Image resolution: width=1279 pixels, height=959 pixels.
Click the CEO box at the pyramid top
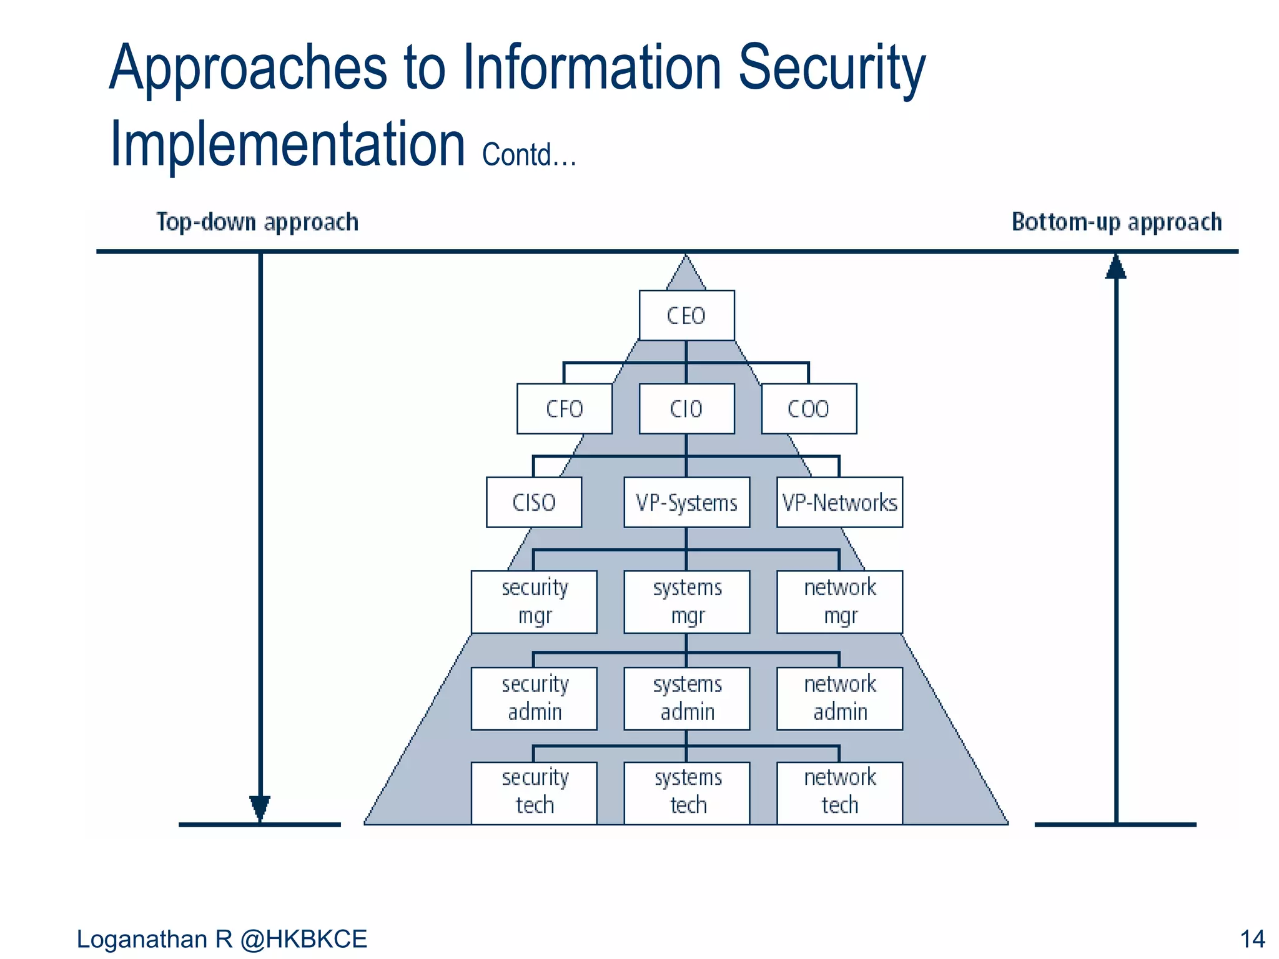tap(686, 315)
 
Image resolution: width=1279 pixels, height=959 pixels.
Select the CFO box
tap(564, 409)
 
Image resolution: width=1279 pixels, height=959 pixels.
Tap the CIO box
tap(686, 409)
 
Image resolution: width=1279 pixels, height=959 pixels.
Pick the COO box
tap(809, 409)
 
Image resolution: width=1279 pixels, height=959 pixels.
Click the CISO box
tap(534, 503)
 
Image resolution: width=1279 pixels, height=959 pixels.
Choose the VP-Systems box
tap(686, 503)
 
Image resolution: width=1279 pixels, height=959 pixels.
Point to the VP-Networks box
tap(839, 503)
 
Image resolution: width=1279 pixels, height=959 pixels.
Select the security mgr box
tap(534, 602)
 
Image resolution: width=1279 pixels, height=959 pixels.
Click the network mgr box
tap(839, 602)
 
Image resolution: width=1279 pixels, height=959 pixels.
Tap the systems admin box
tap(686, 699)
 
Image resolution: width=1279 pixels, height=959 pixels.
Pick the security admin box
tap(534, 699)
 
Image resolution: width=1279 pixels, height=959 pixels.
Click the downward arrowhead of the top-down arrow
tap(260, 808)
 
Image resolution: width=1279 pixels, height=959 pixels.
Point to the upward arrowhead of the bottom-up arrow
tap(1116, 267)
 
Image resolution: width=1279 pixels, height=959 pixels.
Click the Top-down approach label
tap(257, 222)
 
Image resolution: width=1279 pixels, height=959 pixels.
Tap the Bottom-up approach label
tap(1117, 222)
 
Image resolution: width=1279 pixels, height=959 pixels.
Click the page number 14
tap(1252, 939)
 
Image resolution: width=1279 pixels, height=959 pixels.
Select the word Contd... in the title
tap(528, 155)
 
